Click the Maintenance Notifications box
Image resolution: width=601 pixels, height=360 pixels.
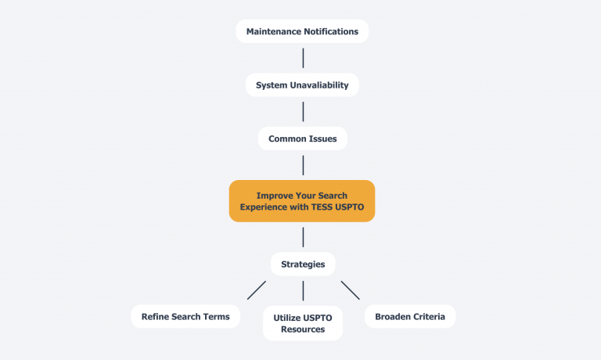coord(302,31)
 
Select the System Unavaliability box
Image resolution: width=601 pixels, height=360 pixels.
coord(302,85)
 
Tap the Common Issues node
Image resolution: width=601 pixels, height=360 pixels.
coord(302,139)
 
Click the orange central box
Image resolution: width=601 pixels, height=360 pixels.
coord(302,201)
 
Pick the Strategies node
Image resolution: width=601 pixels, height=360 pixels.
coord(302,264)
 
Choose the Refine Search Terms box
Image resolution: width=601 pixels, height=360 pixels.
coord(185,316)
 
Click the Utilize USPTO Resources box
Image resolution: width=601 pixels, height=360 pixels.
coord(302,323)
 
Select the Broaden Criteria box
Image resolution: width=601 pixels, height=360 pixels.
coord(410,316)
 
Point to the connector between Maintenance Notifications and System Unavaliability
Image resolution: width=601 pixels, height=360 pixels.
coord(303,58)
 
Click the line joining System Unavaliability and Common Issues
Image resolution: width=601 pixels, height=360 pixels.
coord(303,112)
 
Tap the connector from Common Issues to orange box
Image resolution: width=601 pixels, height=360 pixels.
coord(303,165)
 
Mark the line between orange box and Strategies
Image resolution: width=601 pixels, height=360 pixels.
coord(303,237)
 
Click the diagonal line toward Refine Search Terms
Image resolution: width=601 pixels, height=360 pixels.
coord(257,290)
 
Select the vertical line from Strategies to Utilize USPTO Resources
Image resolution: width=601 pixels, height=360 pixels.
coord(303,291)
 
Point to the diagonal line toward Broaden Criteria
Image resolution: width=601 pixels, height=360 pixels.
coord(350,290)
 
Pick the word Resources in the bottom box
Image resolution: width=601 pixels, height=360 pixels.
coord(302,329)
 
